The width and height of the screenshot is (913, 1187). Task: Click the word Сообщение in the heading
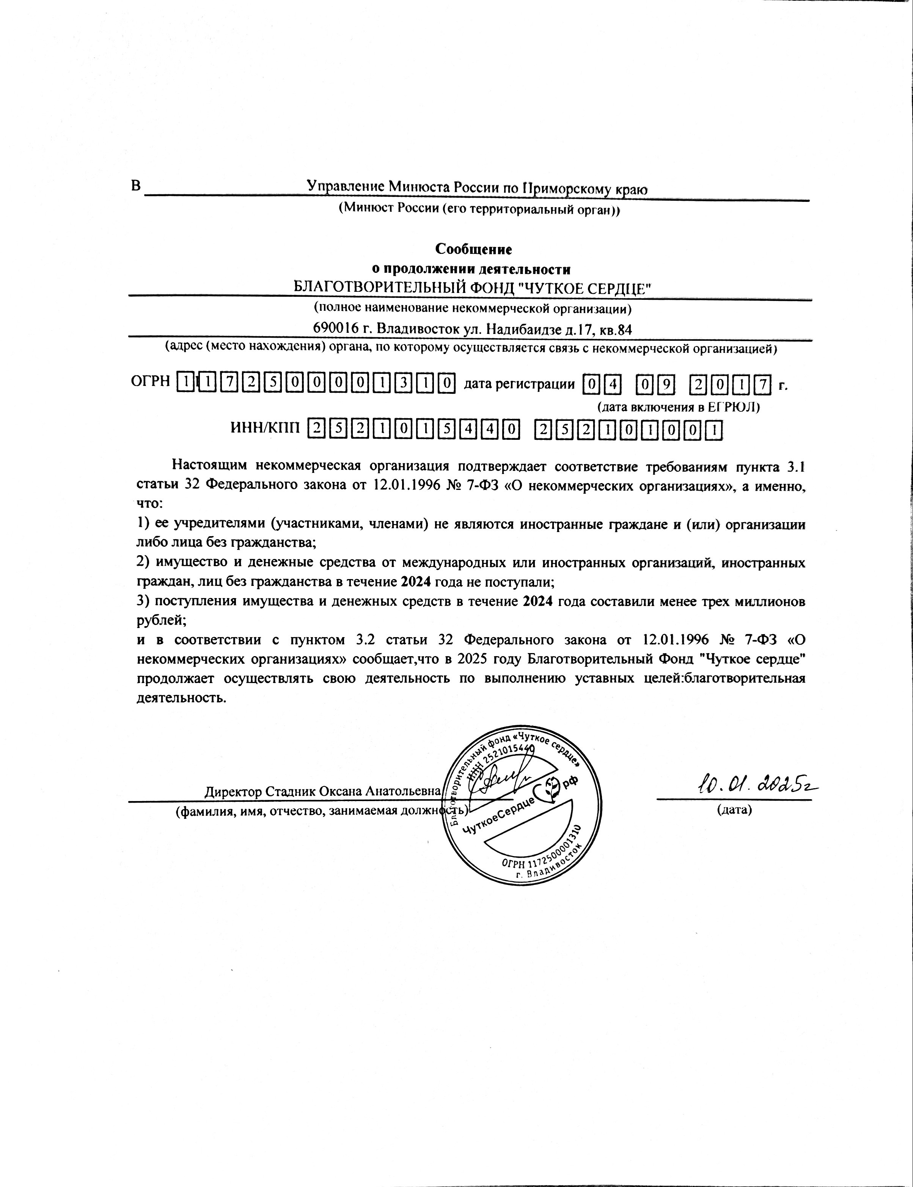474,249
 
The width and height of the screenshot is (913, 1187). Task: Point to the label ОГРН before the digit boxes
151,383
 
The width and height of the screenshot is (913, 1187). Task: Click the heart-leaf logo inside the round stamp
550,786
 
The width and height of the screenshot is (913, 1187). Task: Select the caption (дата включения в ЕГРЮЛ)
678,407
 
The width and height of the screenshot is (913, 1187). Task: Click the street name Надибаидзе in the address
522,329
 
